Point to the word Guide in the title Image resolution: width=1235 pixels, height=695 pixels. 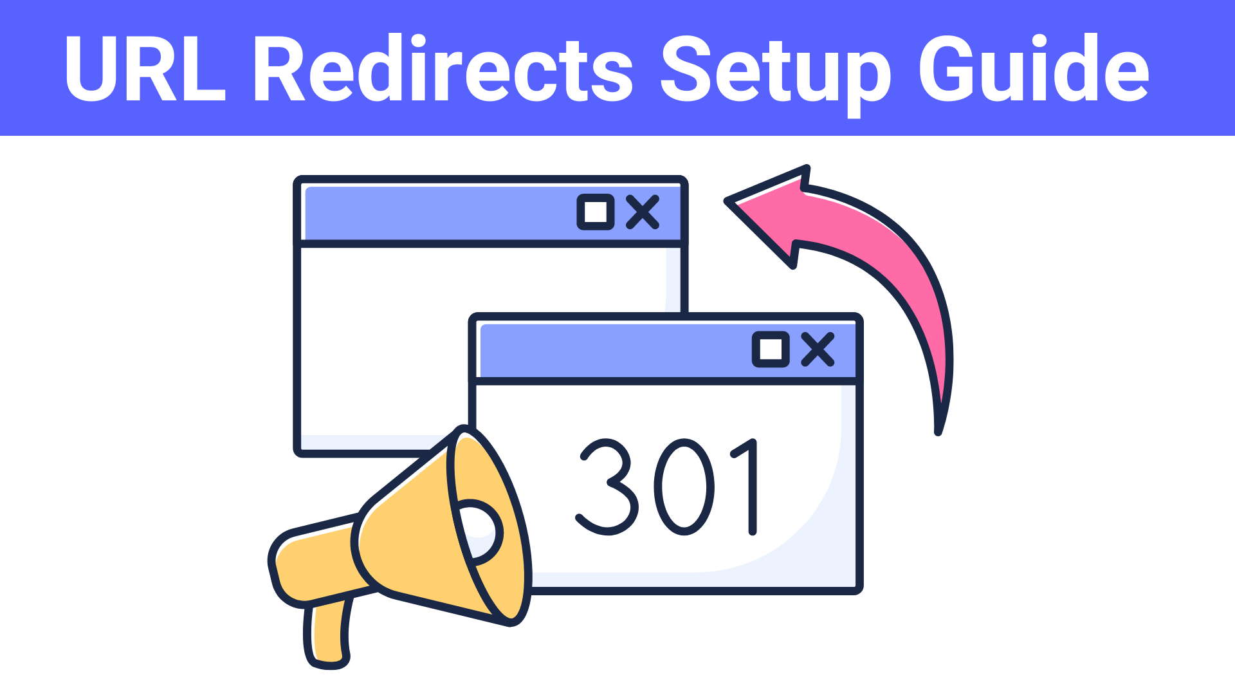point(1033,69)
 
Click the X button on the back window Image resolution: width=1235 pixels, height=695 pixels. point(643,212)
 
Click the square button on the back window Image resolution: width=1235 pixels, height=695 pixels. point(596,212)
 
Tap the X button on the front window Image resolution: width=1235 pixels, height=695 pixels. point(818,349)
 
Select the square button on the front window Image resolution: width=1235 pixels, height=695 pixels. point(771,349)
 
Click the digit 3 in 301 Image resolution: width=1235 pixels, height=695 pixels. point(607,487)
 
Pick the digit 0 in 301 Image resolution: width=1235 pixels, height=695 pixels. point(684,487)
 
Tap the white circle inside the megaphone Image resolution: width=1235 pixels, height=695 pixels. point(479,531)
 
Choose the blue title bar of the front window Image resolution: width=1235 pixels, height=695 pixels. point(611,351)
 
